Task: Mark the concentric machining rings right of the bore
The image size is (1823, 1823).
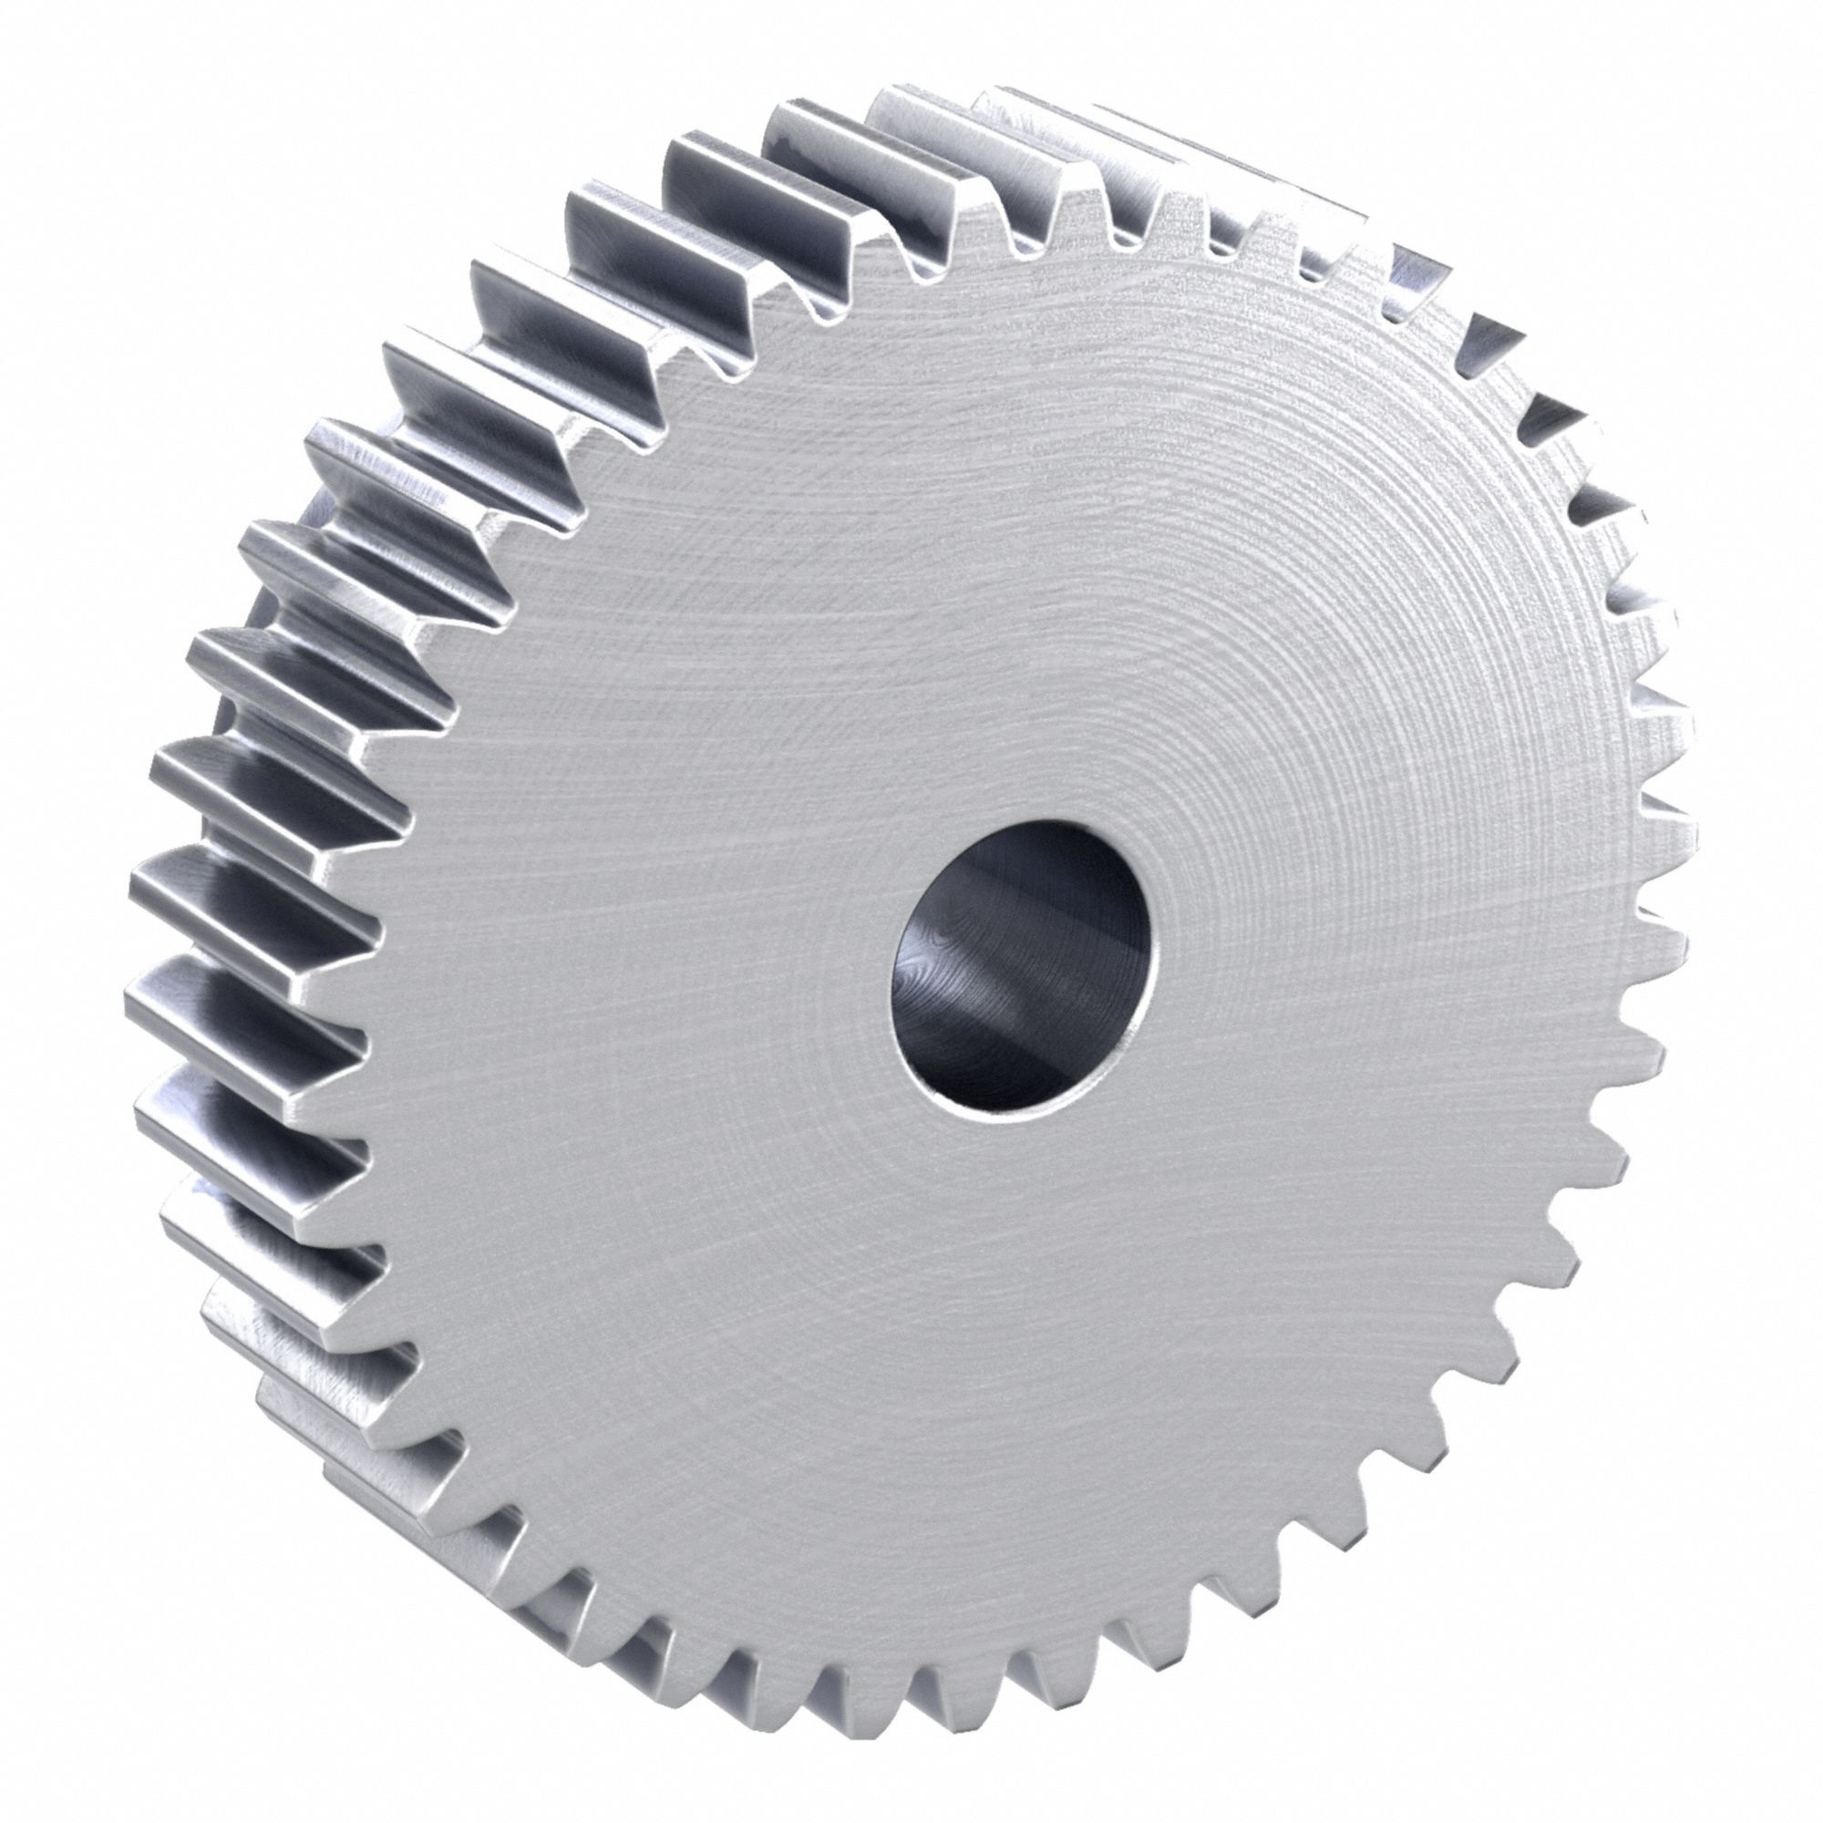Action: pyautogui.click(x=1368, y=943)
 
